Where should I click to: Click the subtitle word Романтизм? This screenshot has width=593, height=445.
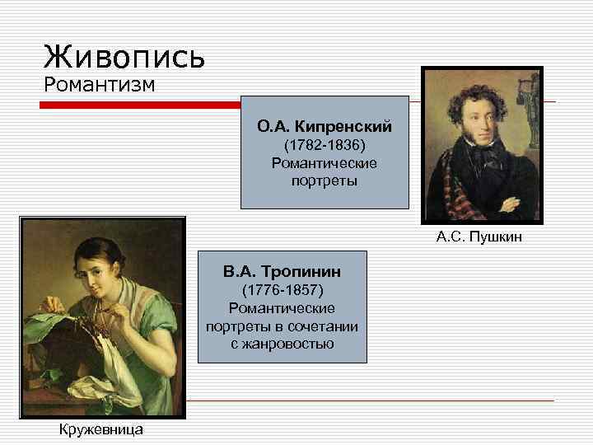[99, 84]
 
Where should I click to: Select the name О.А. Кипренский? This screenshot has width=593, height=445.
[325, 127]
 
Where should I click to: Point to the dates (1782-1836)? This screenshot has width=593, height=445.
[325, 145]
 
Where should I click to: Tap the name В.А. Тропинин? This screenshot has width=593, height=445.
[282, 271]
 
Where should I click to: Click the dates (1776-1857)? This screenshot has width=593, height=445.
[282, 290]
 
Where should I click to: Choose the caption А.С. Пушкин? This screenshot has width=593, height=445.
[479, 238]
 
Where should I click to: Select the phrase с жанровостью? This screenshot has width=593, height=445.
[282, 343]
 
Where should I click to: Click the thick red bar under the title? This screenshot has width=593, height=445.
[140, 105]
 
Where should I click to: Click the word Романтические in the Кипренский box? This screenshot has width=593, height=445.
[325, 162]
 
